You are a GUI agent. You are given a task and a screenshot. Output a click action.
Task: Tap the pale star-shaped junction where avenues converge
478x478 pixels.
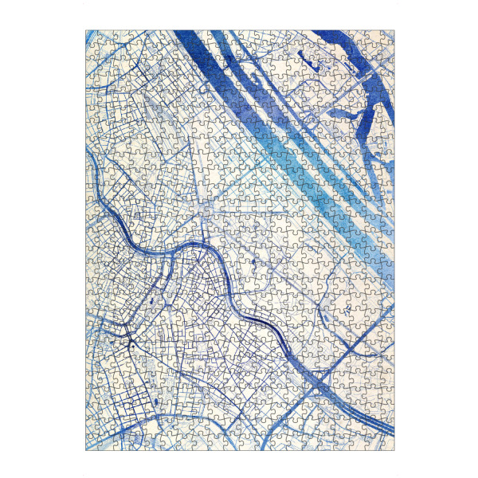(x=206, y=209)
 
